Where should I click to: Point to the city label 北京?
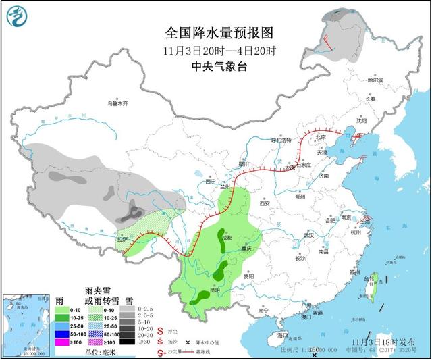[321, 138]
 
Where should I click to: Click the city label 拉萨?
[122, 239]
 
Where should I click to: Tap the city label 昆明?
[213, 291]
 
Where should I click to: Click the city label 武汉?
[309, 235]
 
